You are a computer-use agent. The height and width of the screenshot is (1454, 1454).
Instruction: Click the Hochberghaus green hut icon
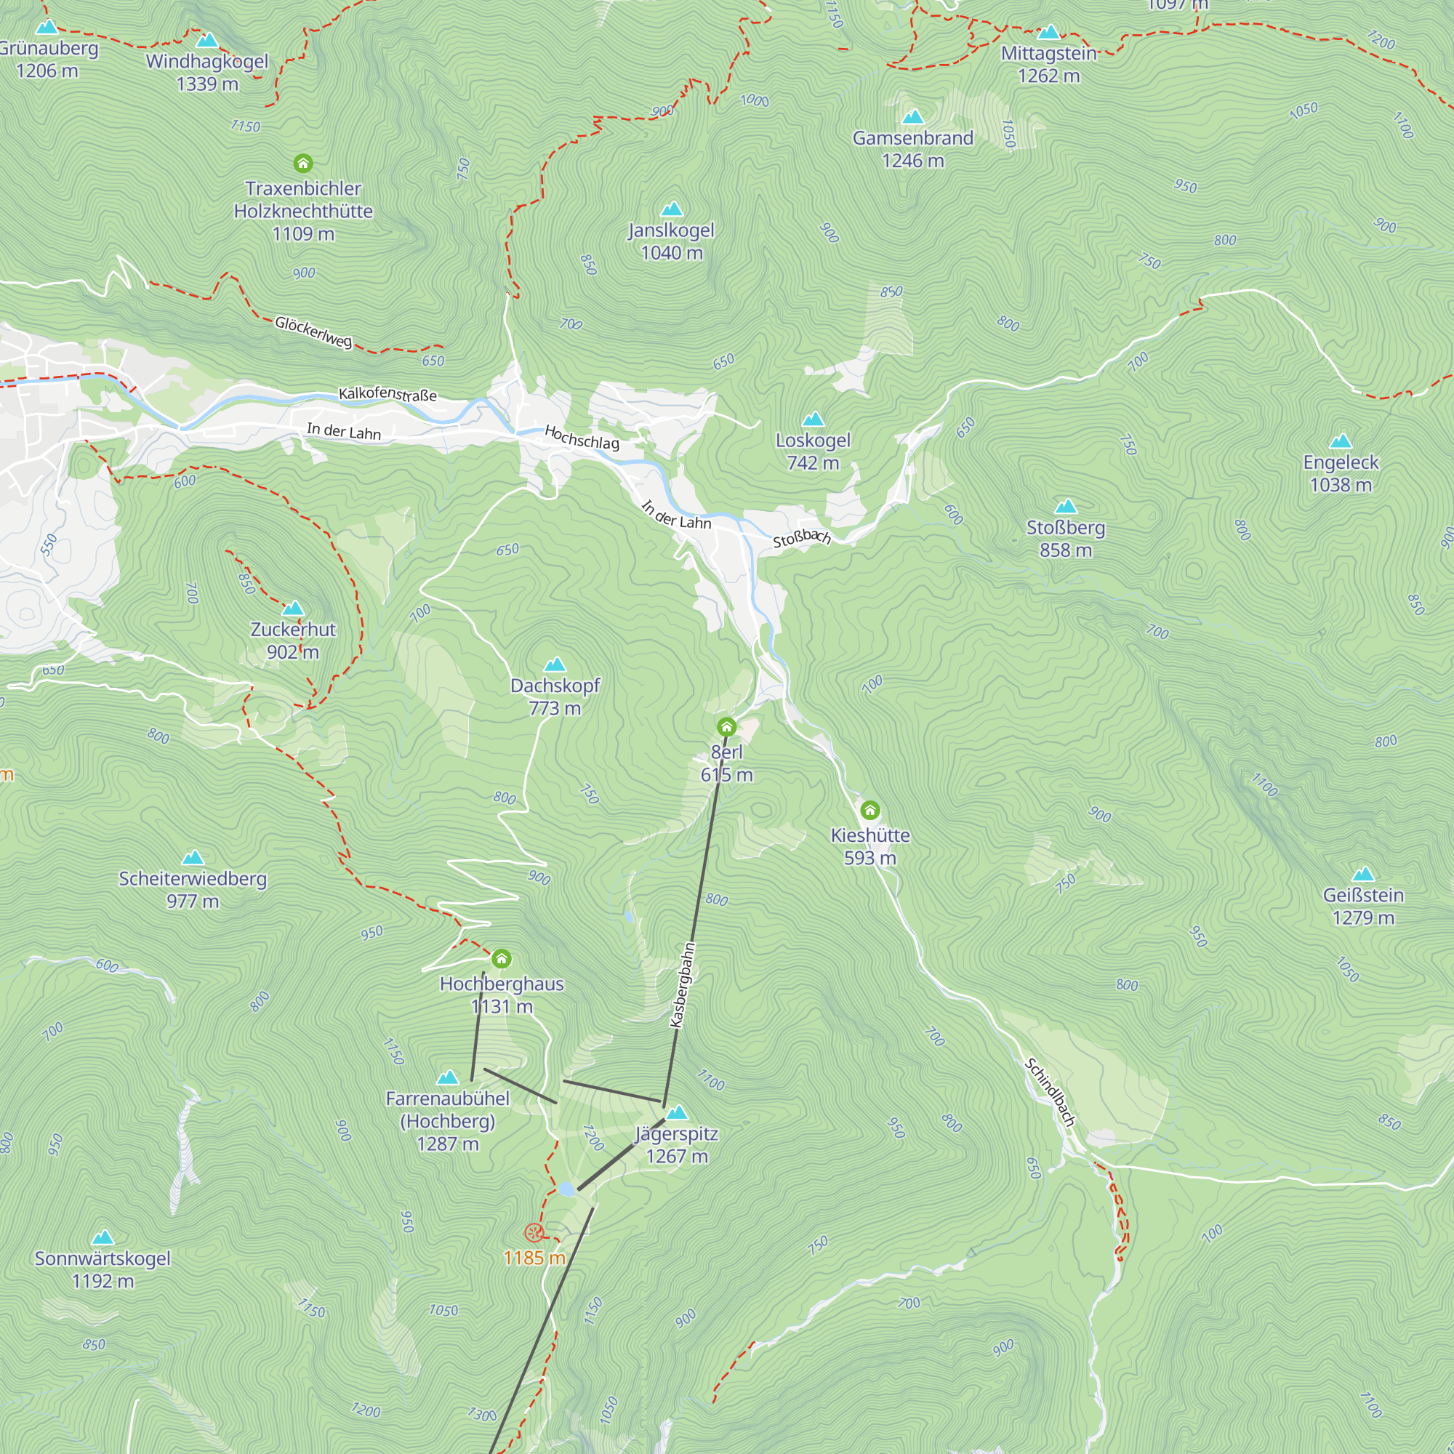501,959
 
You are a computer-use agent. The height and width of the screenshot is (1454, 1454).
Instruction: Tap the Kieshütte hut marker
870,811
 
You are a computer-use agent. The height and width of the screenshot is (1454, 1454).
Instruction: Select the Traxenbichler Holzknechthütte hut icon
303,164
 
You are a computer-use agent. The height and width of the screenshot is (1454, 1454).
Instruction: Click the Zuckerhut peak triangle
293,608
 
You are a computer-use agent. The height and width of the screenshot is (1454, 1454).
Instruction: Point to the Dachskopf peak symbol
555,664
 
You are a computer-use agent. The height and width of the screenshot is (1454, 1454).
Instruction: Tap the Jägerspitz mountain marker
678,1112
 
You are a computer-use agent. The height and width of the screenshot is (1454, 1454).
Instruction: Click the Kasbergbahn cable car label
683,985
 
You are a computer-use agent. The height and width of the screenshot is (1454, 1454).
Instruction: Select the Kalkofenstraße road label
387,393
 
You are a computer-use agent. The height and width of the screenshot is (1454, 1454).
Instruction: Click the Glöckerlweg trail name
313,332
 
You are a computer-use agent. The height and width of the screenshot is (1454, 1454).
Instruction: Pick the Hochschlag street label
582,437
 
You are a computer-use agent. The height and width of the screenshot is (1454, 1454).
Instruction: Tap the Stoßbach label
801,537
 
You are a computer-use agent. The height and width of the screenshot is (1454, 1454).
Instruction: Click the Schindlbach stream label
1050,1092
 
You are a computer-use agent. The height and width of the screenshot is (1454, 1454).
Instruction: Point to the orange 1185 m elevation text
534,1258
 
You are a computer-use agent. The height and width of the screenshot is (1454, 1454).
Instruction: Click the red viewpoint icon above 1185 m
534,1233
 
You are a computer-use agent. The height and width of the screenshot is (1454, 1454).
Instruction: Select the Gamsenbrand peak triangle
913,116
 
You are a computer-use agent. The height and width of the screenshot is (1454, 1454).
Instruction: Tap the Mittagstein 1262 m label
1048,65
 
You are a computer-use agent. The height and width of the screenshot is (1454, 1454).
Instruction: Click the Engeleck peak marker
1341,441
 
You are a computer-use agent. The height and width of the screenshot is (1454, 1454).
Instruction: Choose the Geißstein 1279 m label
1363,906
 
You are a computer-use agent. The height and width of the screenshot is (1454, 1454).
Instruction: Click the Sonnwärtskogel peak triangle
103,1238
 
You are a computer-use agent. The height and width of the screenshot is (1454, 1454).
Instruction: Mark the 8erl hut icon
726,726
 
